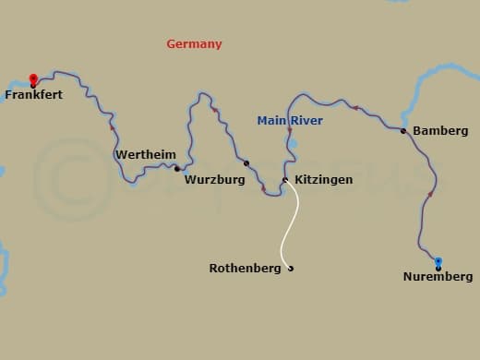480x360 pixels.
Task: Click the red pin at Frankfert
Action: pos(33,79)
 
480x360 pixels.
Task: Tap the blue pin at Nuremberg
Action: pos(438,262)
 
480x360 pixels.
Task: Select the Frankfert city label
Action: pos(34,94)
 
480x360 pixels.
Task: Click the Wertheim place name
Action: pos(146,155)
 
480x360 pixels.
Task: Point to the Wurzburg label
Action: pos(214,180)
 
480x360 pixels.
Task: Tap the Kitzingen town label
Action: pos(322,180)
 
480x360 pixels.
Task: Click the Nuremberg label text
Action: pos(438,277)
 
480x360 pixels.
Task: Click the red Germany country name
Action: pos(194,44)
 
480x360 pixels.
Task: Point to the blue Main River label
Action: pos(290,119)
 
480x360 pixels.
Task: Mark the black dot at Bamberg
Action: pos(403,131)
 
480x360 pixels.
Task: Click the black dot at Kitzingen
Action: pos(285,179)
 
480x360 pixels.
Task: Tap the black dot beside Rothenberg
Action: pos(291,269)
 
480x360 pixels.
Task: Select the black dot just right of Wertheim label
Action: pos(176,168)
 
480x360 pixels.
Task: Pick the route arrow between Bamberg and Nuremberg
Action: pos(430,194)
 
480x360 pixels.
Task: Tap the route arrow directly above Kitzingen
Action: pos(289,131)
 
